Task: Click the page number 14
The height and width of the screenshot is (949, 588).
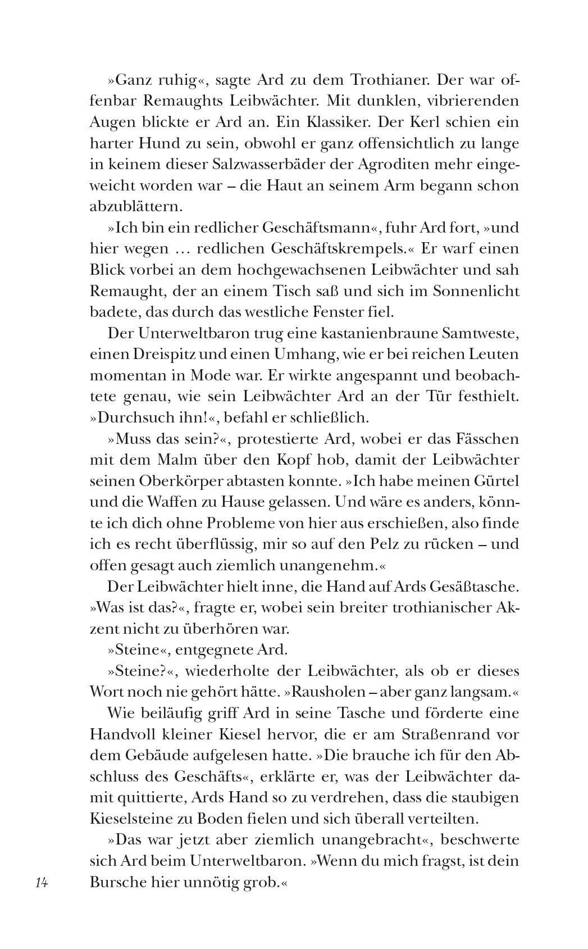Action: [42, 883]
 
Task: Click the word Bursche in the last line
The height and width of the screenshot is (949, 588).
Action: [117, 882]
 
